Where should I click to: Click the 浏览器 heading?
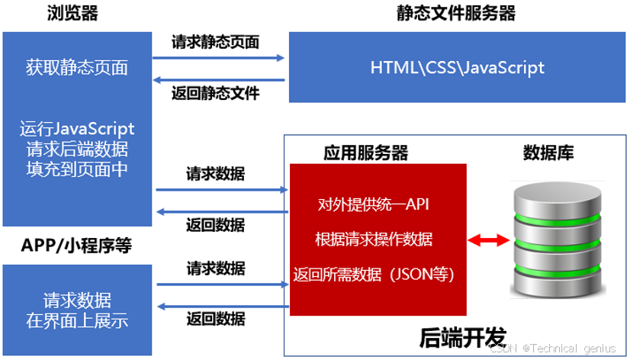72,13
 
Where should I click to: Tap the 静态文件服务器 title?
456,13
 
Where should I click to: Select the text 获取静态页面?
76,68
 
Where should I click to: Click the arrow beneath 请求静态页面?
219,57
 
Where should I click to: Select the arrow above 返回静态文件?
219,79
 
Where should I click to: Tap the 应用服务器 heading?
366,153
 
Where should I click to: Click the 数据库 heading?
548,153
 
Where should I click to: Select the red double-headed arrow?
489,241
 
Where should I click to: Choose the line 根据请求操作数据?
374,239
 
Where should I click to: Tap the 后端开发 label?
463,336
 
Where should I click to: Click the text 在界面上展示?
76,320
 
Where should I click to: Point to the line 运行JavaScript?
77,129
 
